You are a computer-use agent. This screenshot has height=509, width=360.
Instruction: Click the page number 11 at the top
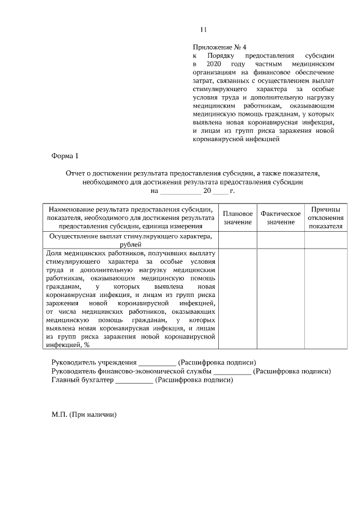pos(204,30)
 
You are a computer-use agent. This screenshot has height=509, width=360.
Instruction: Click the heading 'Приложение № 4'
pos(219,47)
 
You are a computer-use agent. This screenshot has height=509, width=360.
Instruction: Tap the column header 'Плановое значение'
pos(238,218)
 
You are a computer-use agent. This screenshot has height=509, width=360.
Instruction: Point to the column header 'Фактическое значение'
pos(281,218)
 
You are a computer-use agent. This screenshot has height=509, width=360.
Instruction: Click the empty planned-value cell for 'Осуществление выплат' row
pos(238,240)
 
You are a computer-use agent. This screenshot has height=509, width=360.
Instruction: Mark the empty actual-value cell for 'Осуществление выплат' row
pos(281,240)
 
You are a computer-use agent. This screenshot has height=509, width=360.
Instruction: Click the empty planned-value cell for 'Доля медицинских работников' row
pos(238,298)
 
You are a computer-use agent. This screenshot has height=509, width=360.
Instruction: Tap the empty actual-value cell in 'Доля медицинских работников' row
pos(281,298)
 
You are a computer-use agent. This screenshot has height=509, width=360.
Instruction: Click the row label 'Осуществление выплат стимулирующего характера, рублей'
pos(130,240)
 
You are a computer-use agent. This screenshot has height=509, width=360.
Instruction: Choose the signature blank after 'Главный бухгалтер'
pos(133,380)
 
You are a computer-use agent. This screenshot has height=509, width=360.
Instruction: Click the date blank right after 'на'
pos(180,192)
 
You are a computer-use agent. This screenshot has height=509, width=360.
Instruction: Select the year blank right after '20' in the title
pos(220,192)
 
